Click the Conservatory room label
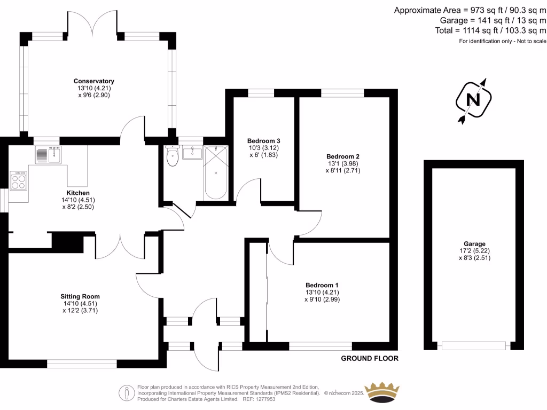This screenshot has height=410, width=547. point(94,81)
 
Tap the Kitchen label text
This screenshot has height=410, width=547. point(78,193)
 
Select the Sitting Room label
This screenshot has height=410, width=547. point(80,296)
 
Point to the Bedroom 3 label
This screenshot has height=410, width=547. point(264,141)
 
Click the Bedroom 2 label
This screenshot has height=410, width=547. point(343,156)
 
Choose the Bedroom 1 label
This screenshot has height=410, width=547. point(322,285)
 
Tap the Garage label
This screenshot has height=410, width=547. point(474,244)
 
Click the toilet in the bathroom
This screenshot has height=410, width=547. point(173,156)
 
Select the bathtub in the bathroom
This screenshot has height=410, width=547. point(216,173)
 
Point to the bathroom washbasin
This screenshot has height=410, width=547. point(192,153)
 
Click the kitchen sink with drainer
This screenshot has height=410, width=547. point(49,155)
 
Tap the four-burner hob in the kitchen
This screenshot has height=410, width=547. point(19,181)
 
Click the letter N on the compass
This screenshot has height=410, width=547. point(473,100)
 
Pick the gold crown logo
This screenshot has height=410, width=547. point(382,392)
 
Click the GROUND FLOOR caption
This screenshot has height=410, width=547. point(370,358)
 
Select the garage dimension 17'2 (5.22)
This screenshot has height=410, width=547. point(474,251)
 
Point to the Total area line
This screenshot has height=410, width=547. point(490,30)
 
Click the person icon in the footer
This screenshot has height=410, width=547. point(127,393)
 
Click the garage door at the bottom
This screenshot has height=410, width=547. point(474,346)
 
